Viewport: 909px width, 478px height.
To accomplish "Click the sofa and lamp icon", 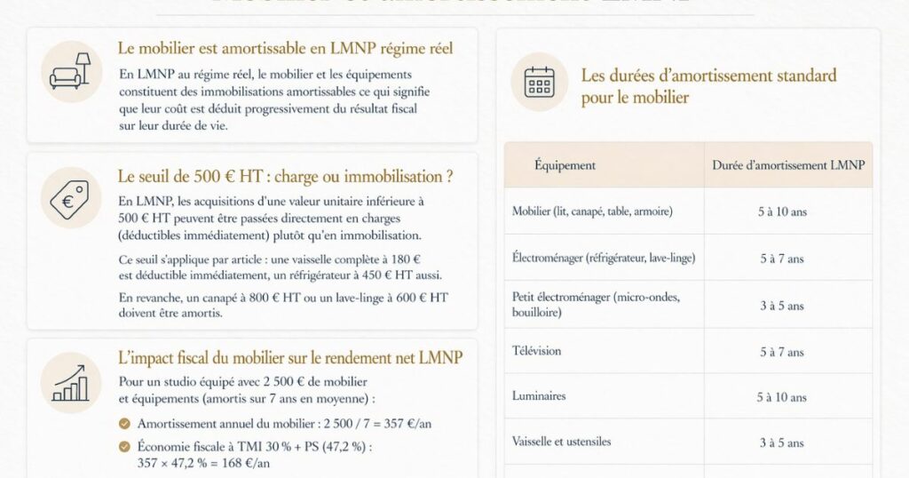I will pos(71,71).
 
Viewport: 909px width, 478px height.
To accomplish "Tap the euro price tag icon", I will pos(71,197).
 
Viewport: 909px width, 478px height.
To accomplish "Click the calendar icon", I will pos(539,82).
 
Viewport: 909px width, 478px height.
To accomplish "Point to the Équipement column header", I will pos(565,165).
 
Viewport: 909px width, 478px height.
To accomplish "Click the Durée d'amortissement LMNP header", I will pos(788,165).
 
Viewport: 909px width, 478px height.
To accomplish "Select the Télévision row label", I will pos(537,351).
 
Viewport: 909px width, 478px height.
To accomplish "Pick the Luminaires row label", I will pos(539,396).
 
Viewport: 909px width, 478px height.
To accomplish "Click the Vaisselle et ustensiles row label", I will pos(562,442).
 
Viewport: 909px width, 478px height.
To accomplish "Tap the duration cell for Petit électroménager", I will pos(782,306).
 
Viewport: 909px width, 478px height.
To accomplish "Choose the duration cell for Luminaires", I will pos(782,397).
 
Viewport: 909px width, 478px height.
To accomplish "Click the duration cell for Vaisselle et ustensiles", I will pos(782,442).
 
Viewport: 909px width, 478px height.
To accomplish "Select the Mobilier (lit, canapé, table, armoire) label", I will pos(592,211).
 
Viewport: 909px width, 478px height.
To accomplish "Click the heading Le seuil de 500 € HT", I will pos(285,177).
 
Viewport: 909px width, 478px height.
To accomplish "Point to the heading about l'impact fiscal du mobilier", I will pos(289,358).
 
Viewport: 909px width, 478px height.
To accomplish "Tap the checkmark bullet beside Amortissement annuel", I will pos(124,424).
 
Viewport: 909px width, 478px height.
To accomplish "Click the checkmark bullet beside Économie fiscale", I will pos(124,446).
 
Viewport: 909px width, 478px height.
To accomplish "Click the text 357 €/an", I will pos(407,424).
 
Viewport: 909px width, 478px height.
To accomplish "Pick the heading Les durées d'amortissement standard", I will pos(708,86).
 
